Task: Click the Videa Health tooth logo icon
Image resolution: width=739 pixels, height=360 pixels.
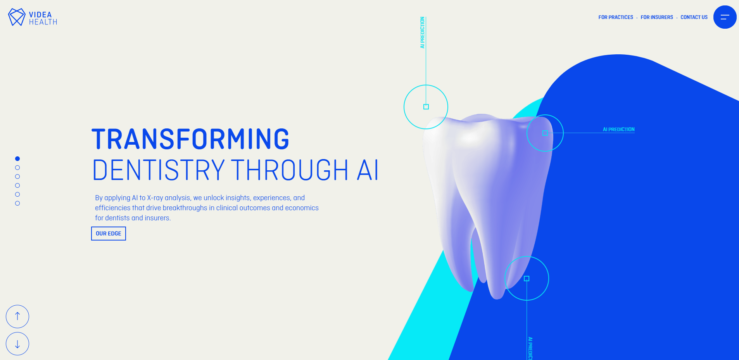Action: pyautogui.click(x=17, y=17)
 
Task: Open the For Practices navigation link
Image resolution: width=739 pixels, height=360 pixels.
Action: pyautogui.click(x=615, y=17)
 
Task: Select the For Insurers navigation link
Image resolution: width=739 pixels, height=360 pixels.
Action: pyautogui.click(x=656, y=17)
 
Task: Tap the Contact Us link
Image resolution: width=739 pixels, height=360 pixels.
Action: pyautogui.click(x=694, y=17)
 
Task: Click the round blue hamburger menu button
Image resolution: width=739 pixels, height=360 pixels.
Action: pyautogui.click(x=725, y=17)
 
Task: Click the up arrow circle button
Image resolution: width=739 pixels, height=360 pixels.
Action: pyautogui.click(x=17, y=317)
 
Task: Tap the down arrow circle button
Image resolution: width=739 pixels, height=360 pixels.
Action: pyautogui.click(x=17, y=344)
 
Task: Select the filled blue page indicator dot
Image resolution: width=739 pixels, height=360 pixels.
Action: pyautogui.click(x=17, y=159)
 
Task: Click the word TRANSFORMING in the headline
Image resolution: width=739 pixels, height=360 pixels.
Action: pyautogui.click(x=190, y=139)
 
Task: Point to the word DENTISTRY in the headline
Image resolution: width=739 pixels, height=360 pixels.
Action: pyautogui.click(x=158, y=170)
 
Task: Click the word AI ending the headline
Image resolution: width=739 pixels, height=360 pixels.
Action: pyautogui.click(x=367, y=170)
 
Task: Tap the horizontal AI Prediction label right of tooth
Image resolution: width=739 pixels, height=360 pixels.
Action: pyautogui.click(x=618, y=130)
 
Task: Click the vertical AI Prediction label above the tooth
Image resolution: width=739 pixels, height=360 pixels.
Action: pyautogui.click(x=422, y=33)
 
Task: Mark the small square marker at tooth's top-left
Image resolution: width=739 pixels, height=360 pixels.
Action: pyautogui.click(x=426, y=107)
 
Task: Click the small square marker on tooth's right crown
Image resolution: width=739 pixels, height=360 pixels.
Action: pyautogui.click(x=545, y=133)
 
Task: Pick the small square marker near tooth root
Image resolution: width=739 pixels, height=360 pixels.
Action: pyautogui.click(x=527, y=279)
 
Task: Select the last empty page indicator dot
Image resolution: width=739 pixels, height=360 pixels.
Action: pyautogui.click(x=17, y=203)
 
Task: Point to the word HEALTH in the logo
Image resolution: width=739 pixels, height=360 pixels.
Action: pyautogui.click(x=43, y=22)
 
